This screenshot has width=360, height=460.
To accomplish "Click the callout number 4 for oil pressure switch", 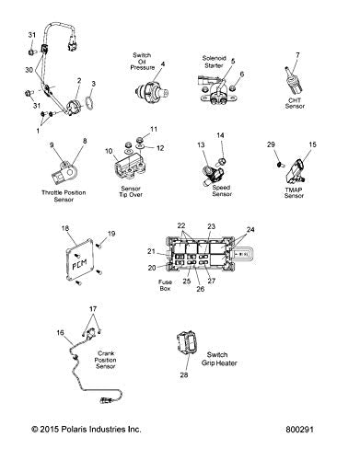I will [x=163, y=63].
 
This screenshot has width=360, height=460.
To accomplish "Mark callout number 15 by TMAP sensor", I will [x=312, y=144].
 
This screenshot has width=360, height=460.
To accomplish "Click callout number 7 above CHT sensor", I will [x=297, y=56].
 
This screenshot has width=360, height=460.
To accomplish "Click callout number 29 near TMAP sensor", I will [x=271, y=144].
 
